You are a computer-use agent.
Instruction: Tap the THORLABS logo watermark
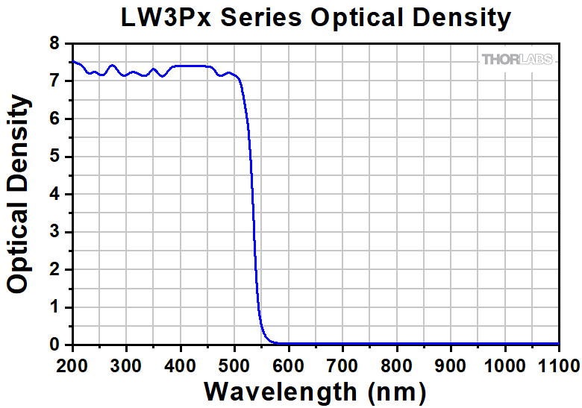[517, 59]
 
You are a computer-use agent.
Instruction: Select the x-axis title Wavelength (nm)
[315, 390]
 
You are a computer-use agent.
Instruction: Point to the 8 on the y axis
[54, 43]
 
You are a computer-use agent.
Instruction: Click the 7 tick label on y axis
[54, 81]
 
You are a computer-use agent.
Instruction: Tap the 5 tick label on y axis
[54, 157]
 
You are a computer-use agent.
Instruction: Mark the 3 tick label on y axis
[54, 232]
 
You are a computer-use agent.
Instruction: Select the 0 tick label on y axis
[54, 345]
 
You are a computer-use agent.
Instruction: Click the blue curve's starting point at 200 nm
[72, 62]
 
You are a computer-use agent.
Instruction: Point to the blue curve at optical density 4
[252, 194]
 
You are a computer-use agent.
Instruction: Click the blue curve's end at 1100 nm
[558, 344]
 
